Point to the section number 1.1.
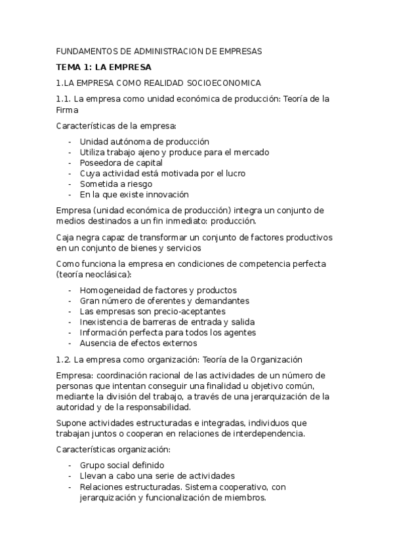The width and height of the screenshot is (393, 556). click(64, 99)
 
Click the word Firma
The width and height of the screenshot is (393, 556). click(67, 110)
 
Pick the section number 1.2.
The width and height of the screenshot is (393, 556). click(64, 359)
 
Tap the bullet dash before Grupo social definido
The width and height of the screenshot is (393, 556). click(70, 465)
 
